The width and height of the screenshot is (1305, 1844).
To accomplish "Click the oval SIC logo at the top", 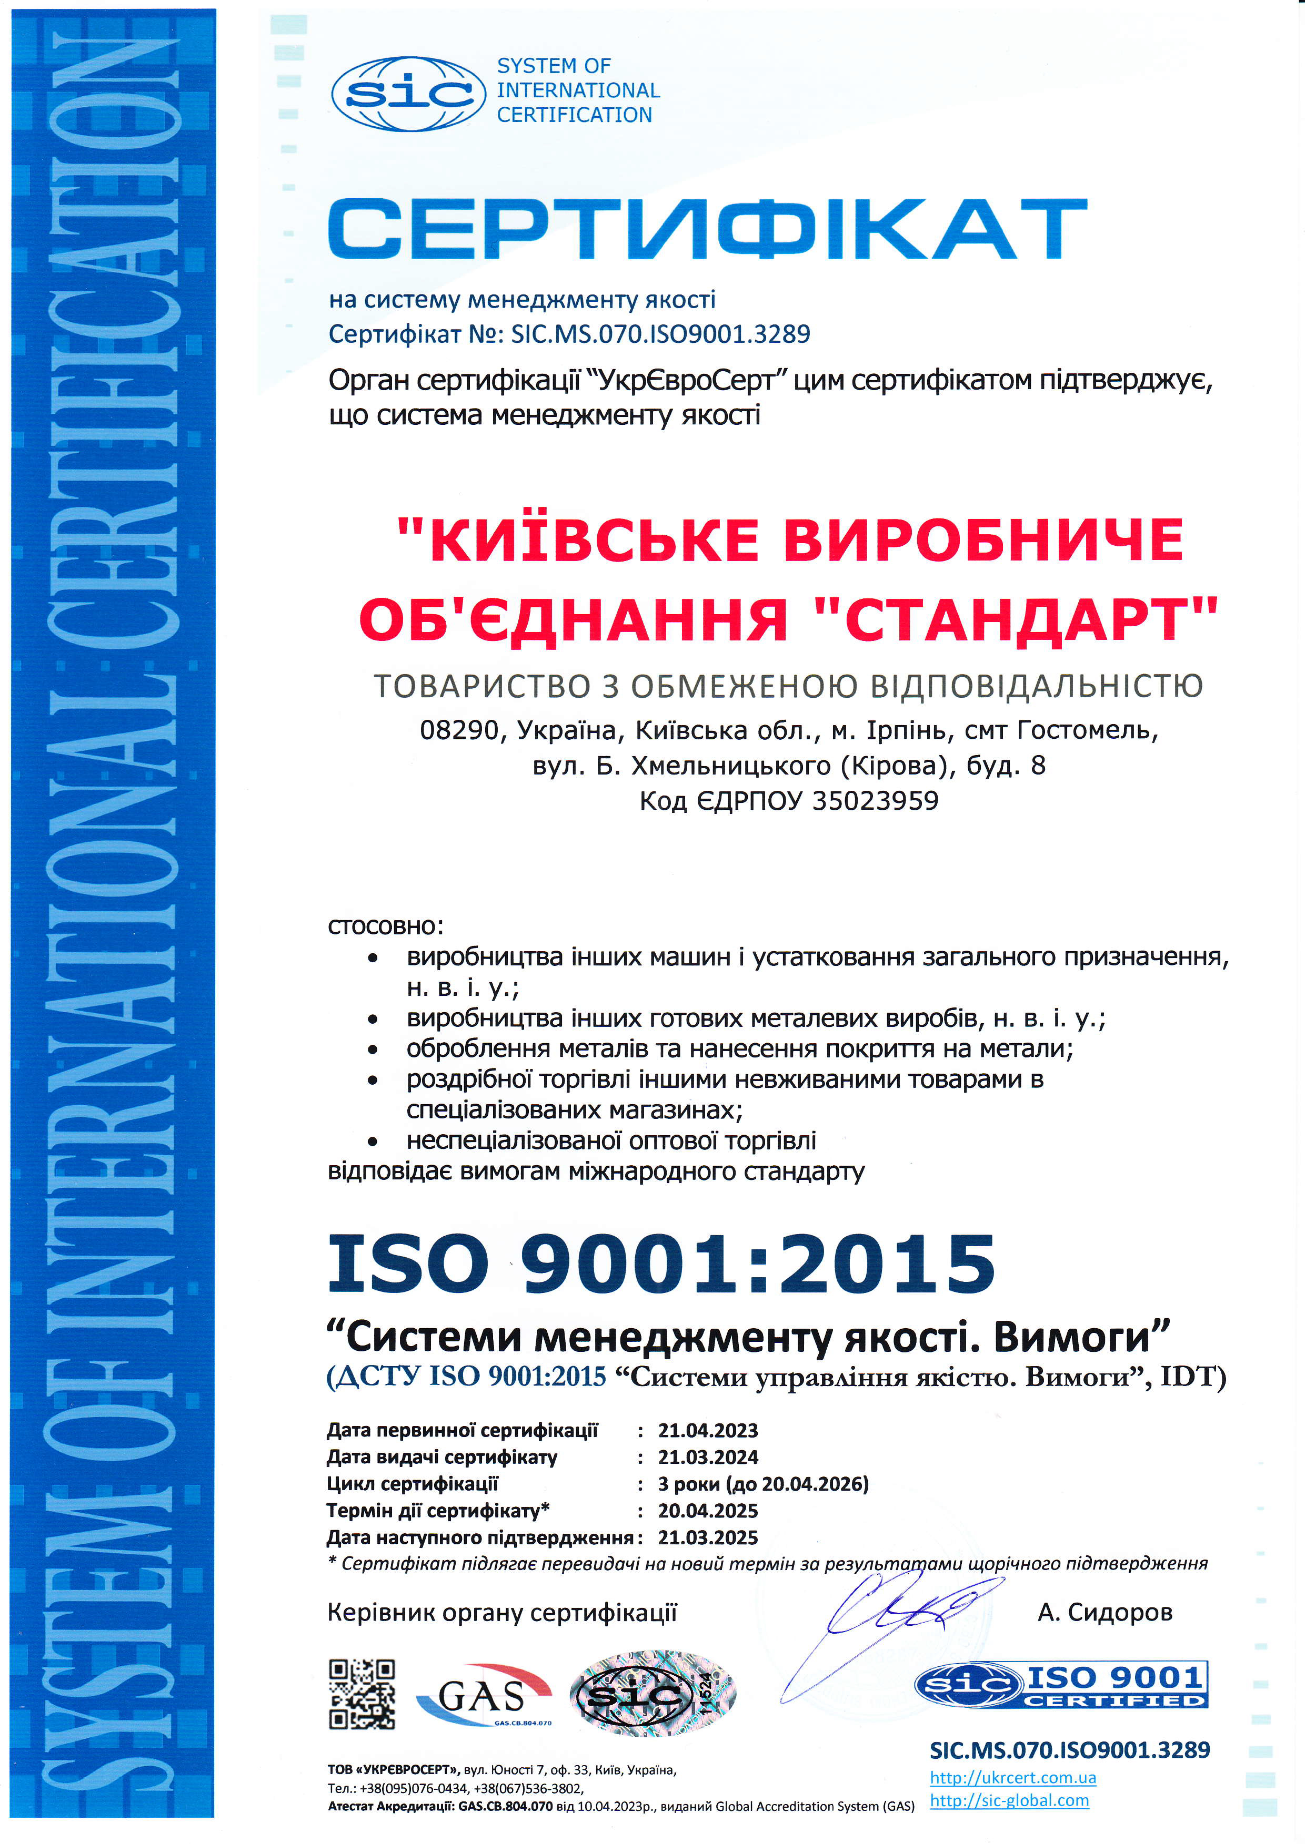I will pos(408,94).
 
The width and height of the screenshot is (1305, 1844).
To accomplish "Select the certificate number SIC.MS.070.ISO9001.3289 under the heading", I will pos(660,333).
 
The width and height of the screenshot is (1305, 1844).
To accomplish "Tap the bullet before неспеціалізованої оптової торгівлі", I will pos(372,1141).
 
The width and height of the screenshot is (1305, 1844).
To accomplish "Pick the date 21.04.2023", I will pos(708,1430).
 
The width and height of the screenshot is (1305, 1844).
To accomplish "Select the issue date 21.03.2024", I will pos(708,1457).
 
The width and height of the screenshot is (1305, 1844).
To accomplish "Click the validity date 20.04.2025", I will pos(708,1511).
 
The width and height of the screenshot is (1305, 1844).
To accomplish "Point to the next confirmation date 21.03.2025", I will pos(708,1537).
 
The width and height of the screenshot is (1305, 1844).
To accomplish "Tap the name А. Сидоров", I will pos(1105,1612).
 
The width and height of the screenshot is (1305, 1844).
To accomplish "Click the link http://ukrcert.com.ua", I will pos(1012,1777).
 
